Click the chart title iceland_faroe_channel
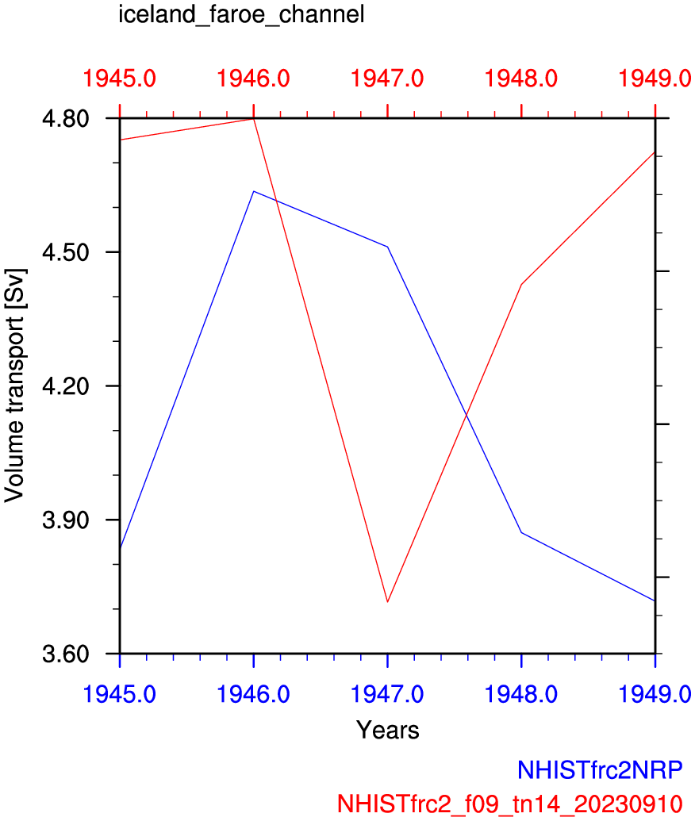[x=241, y=15]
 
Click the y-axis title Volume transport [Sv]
[x=15, y=386]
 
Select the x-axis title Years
[x=387, y=729]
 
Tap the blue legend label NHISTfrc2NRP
[x=600, y=770]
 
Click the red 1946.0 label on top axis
[x=254, y=79]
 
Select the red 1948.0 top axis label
[x=521, y=79]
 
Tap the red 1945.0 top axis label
[x=120, y=79]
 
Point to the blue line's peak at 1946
[x=254, y=191]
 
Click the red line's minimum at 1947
[x=387, y=602]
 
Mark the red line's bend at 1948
[x=521, y=284]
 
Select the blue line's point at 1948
[x=521, y=532]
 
